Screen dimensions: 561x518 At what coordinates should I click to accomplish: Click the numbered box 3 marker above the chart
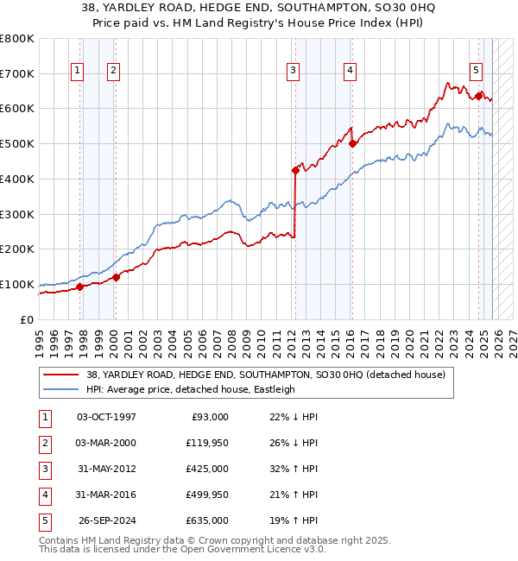tap(294, 71)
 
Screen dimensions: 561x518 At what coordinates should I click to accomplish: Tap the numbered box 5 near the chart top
tap(477, 71)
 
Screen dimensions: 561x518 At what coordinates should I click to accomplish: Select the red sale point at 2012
tap(295, 170)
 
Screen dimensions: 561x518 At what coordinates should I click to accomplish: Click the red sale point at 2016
tap(352, 144)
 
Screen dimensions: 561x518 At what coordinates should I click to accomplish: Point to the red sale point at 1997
tap(79, 287)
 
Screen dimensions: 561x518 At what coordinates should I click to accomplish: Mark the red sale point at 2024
tap(478, 97)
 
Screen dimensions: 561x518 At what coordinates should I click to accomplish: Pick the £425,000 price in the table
tap(207, 469)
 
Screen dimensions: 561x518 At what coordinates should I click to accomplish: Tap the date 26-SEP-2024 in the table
tap(106, 520)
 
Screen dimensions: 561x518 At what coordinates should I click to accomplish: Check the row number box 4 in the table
tap(43, 495)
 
